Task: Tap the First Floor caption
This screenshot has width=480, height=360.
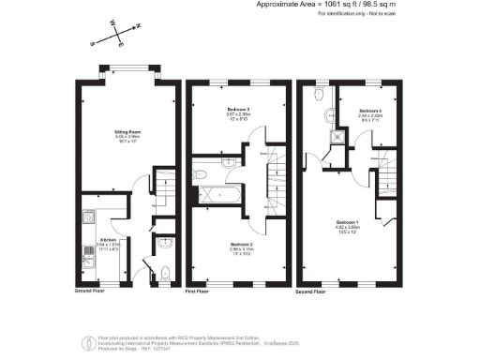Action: (x=197, y=292)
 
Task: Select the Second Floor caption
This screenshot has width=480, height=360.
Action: (x=312, y=292)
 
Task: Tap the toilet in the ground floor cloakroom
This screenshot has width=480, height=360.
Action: (x=164, y=273)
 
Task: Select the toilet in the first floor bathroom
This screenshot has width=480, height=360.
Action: (x=200, y=173)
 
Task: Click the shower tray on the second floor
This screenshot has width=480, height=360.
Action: (x=333, y=140)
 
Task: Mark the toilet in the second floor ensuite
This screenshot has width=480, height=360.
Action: (x=329, y=117)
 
